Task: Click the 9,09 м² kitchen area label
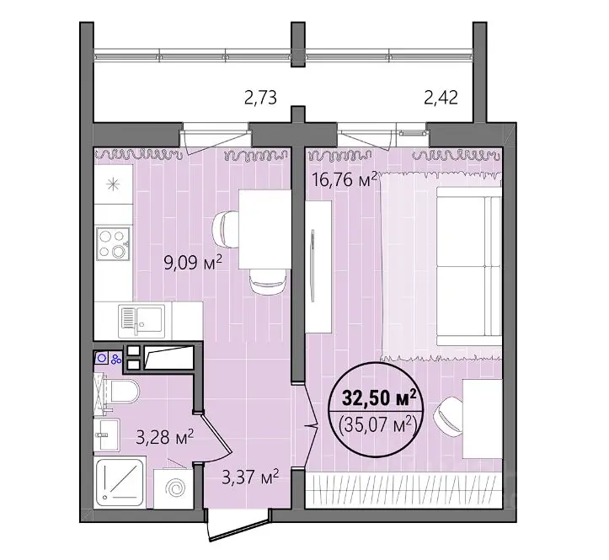click(193, 263)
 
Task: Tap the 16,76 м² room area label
click(345, 179)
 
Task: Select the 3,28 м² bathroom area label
click(165, 437)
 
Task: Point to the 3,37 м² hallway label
click(250, 477)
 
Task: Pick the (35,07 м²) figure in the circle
click(378, 424)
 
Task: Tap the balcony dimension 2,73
click(260, 97)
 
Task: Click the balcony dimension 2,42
click(441, 97)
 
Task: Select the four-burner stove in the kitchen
click(113, 243)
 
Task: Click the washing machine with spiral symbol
click(174, 488)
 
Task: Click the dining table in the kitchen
click(264, 229)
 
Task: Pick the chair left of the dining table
click(226, 229)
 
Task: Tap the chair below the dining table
click(268, 281)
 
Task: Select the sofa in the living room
click(469, 266)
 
